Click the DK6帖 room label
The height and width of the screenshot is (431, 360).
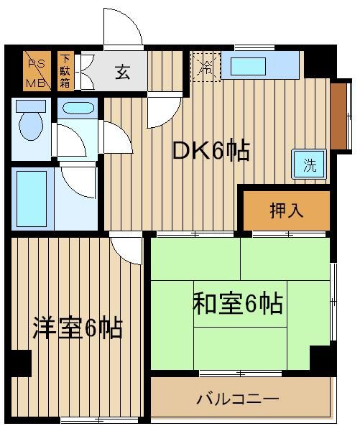(211, 151)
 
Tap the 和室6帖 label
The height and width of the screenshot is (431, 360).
(238, 304)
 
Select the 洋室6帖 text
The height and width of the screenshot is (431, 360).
(78, 328)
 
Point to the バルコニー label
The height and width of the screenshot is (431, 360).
(238, 399)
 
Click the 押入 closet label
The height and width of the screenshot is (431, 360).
(287, 210)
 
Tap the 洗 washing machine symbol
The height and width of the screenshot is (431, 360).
(310, 164)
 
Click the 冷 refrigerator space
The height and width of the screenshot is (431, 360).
(206, 67)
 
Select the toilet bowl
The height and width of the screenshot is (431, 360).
(31, 126)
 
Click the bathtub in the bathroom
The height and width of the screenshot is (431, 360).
(32, 199)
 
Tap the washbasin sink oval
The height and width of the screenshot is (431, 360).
(78, 108)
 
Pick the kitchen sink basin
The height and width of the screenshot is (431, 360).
(249, 66)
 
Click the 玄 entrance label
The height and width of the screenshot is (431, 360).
(122, 72)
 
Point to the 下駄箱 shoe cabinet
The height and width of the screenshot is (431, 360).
(65, 71)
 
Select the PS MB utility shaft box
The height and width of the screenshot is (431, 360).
(37, 71)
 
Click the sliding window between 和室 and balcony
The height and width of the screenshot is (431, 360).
(241, 374)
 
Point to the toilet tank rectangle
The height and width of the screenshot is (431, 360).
(31, 106)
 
